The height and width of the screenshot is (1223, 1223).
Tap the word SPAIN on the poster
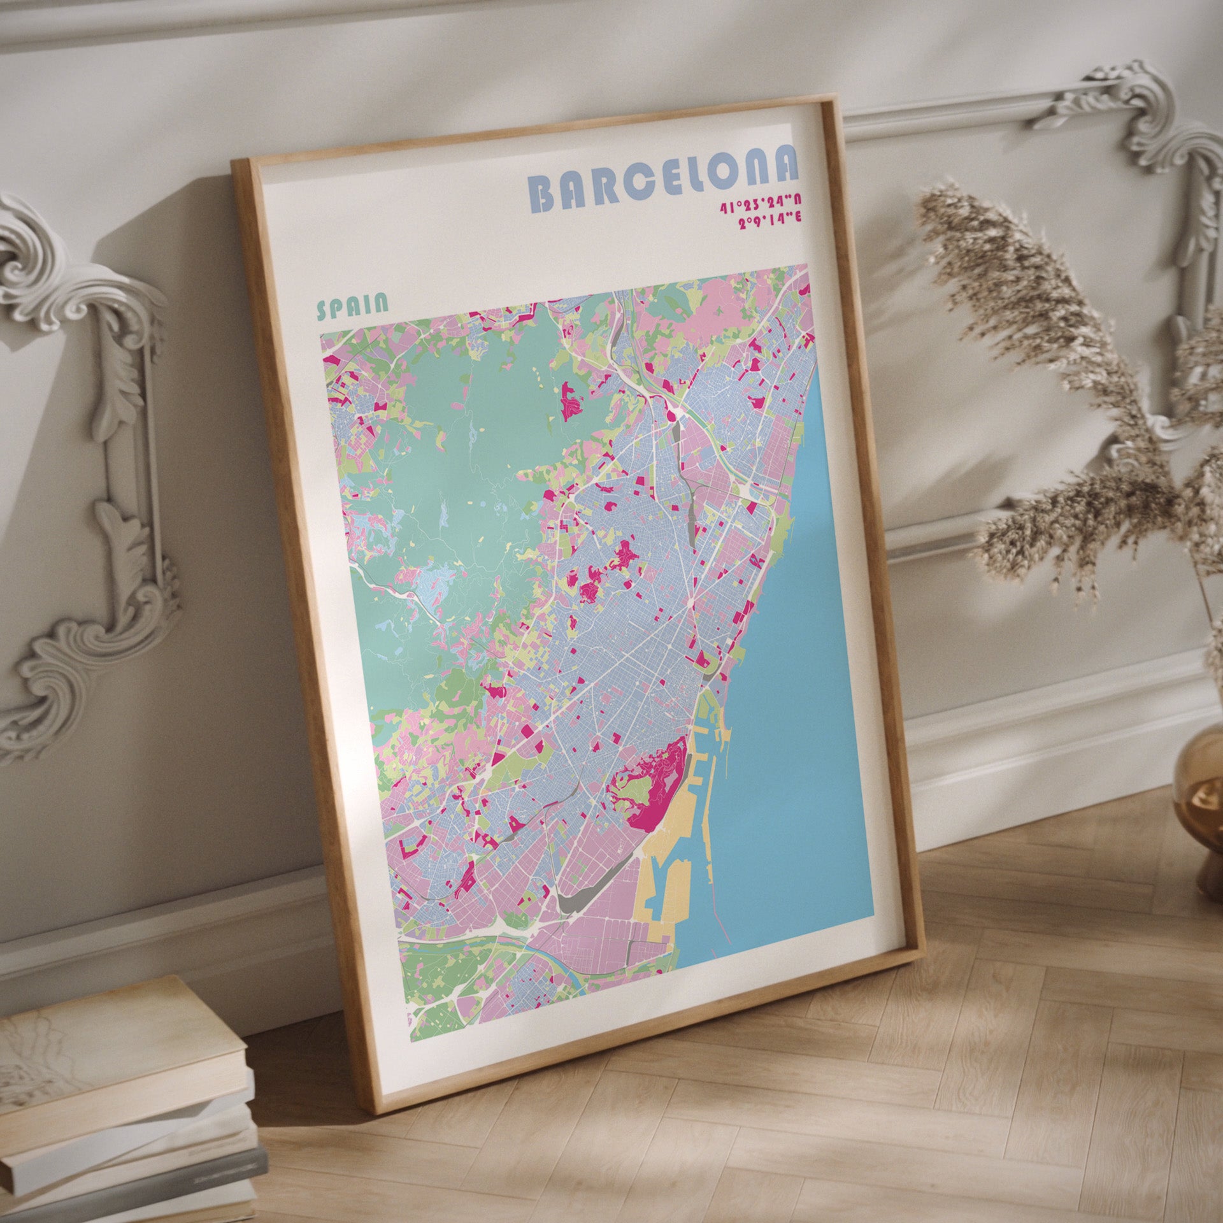[352, 306]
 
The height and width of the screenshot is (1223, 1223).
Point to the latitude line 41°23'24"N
[761, 206]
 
